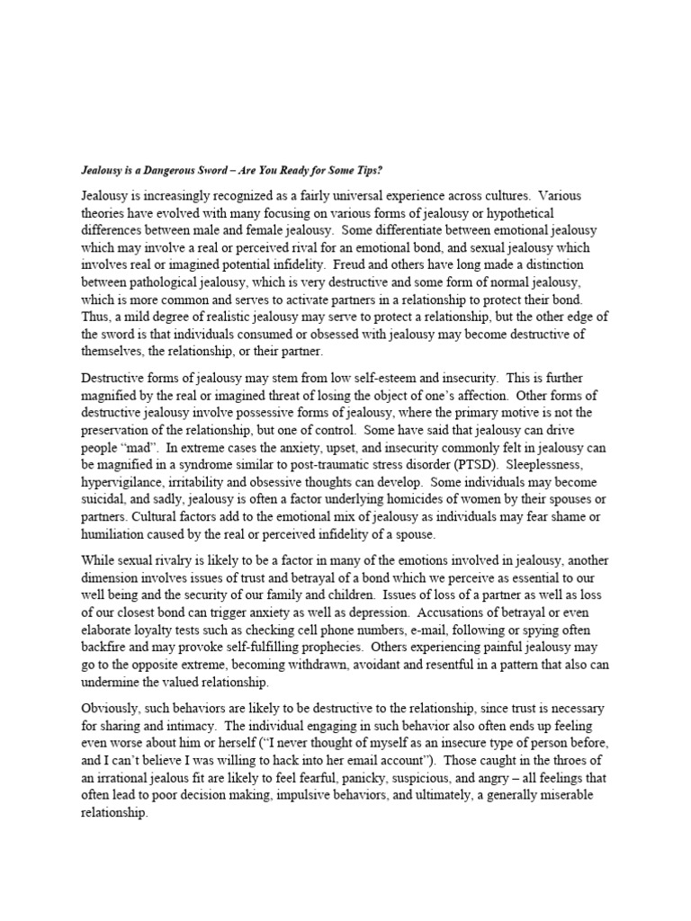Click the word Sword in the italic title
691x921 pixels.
point(248,167)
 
